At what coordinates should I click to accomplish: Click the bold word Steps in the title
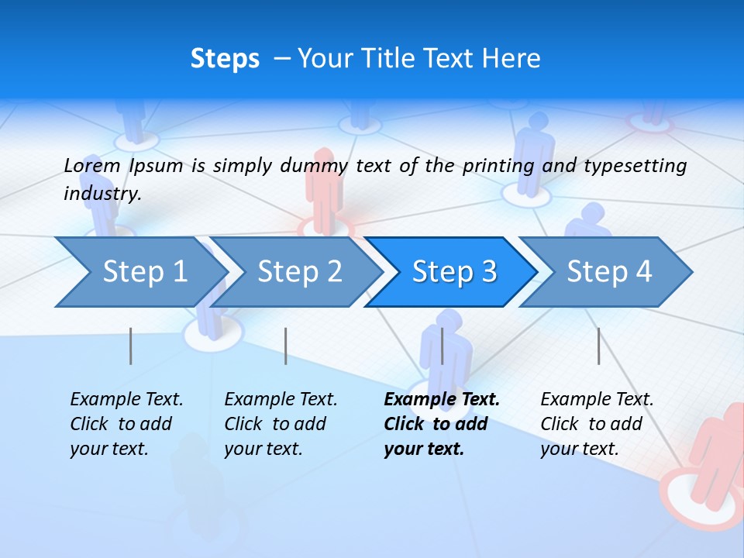[x=225, y=59]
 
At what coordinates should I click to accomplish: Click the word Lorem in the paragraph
[x=92, y=165]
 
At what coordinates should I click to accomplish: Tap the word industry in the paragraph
[x=102, y=194]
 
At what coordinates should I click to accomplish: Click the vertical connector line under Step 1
[x=131, y=346]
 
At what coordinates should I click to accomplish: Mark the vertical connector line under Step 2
[x=286, y=346]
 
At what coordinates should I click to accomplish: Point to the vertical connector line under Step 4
[x=599, y=346]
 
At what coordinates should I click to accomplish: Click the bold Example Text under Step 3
[x=442, y=400]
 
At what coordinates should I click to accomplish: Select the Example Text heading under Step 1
[x=126, y=400]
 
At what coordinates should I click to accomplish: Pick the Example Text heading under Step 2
[x=281, y=400]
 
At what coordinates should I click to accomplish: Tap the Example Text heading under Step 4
[x=597, y=400]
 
